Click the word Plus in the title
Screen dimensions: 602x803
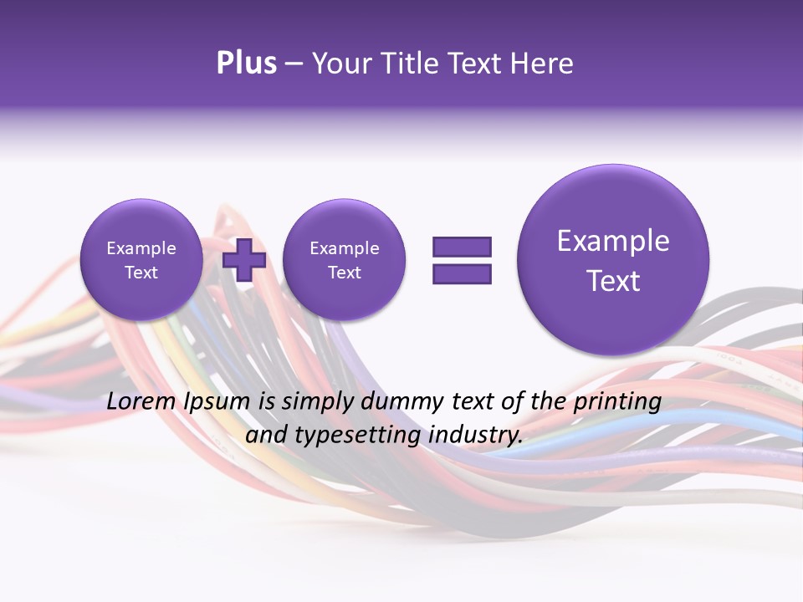coord(246,64)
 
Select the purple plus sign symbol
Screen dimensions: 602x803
coord(243,259)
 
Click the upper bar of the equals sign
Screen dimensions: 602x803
coord(462,247)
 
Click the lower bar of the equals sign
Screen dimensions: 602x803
coord(462,273)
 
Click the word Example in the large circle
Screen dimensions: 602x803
coord(613,241)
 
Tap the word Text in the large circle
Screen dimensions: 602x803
coord(613,281)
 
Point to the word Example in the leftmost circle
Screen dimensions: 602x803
coord(141,248)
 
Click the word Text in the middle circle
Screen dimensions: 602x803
coord(344,273)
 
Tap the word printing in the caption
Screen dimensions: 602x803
coord(617,402)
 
